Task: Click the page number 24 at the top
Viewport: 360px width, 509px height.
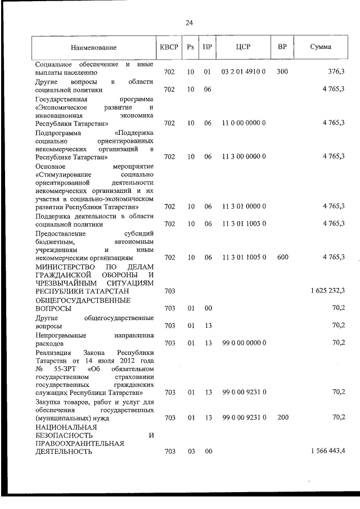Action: tap(189, 23)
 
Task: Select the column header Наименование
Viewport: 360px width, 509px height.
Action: tap(94, 48)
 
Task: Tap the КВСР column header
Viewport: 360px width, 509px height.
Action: tap(169, 48)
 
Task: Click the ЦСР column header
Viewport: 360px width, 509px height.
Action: tap(244, 48)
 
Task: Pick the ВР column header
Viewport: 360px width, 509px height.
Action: tap(282, 48)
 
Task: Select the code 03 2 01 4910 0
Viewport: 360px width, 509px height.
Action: tap(244, 73)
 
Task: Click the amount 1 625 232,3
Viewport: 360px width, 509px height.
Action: tap(328, 291)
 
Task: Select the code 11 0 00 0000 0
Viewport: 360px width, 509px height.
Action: tap(244, 123)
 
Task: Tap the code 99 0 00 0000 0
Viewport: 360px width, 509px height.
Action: tap(244, 343)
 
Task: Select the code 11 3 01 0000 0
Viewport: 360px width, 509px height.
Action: tap(244, 207)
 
